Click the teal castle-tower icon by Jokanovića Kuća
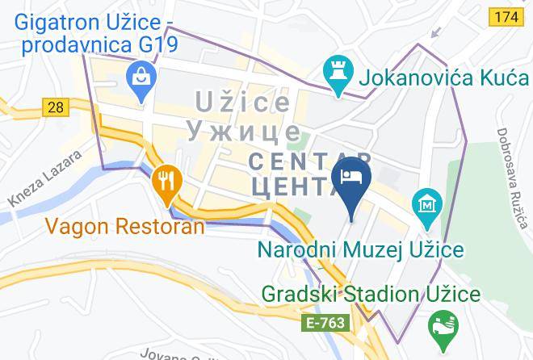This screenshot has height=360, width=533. [x=334, y=71]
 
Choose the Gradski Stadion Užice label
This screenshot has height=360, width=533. [x=370, y=294]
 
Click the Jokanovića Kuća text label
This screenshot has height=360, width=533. [x=427, y=78]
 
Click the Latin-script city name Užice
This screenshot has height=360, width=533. [x=242, y=103]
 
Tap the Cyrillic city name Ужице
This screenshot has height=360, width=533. [x=242, y=131]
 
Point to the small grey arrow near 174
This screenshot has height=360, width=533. [x=437, y=32]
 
